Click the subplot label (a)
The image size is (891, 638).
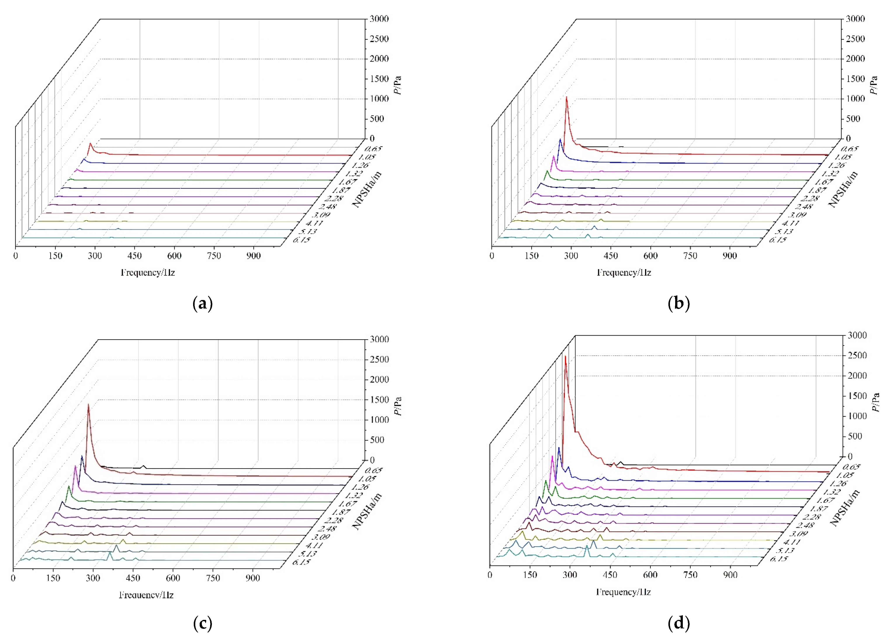coord(203,304)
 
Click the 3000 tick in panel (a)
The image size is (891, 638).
coord(379,19)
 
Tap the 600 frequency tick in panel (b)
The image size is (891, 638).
coord(650,256)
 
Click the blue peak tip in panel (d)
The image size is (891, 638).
coord(558,448)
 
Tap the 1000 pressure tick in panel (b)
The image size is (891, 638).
coord(855,98)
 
